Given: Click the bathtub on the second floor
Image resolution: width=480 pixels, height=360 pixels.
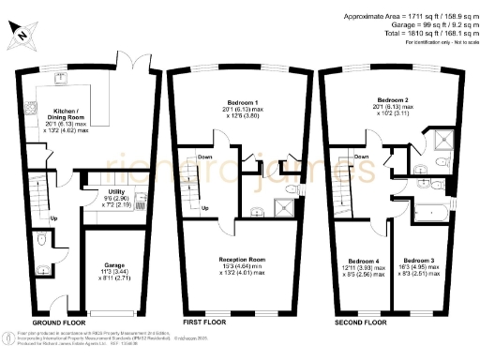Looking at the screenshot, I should click(x=433, y=211).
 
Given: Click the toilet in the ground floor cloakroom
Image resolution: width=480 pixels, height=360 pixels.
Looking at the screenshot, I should click(x=42, y=239).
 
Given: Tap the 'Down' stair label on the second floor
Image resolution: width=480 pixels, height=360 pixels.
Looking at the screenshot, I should click(x=361, y=157).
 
